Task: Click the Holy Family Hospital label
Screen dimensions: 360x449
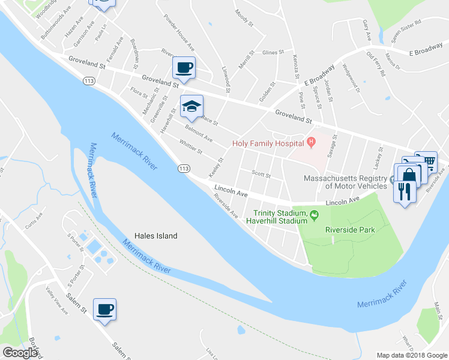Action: coord(268,143)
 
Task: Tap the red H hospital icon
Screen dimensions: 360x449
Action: coord(311,143)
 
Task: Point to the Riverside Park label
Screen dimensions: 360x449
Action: coord(350,229)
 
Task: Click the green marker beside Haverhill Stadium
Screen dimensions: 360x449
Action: coord(314,214)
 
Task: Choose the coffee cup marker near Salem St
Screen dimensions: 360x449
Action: coord(104,310)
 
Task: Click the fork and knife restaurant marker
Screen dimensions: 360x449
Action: coord(404,191)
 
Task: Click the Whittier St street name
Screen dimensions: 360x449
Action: coord(191,148)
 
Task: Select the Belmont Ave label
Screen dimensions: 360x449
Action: coord(199,134)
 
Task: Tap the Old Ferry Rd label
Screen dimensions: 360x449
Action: coord(376,64)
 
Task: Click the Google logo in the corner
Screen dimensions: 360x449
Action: coord(20,353)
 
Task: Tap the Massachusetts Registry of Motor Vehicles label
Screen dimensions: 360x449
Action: coord(345,182)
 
